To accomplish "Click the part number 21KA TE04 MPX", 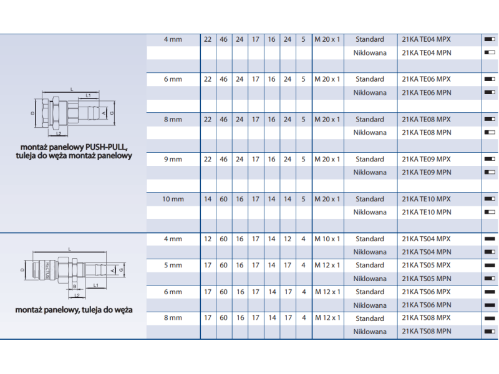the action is (x=426, y=39).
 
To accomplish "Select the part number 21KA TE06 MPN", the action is (x=427, y=92).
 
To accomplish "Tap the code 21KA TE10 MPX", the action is (x=426, y=199).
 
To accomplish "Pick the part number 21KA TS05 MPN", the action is (x=427, y=279).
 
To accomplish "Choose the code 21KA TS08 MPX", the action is (x=426, y=318).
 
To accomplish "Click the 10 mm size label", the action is (x=173, y=199).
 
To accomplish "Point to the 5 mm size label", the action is (x=173, y=266).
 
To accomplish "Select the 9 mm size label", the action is (x=173, y=160).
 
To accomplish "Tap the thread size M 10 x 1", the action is (x=327, y=239).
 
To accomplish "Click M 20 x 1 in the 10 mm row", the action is (x=327, y=199).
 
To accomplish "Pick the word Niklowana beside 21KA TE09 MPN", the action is (x=370, y=173).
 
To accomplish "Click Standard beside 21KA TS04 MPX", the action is (x=370, y=239).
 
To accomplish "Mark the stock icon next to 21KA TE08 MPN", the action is (x=490, y=132).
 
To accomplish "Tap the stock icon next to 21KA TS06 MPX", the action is (x=490, y=292).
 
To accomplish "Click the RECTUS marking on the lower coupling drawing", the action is (x=47, y=271).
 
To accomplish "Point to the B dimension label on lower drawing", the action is (x=75, y=286).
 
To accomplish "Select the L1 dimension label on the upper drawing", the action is (x=88, y=95).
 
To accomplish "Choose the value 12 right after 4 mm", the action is (x=208, y=239).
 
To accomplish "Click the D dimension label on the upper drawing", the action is (x=32, y=113).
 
